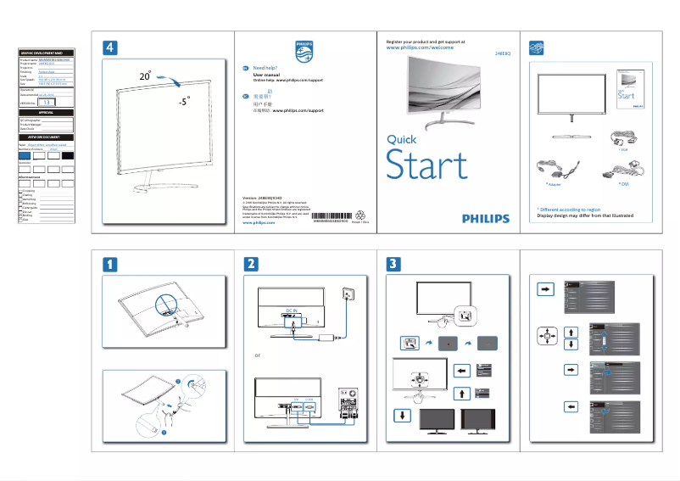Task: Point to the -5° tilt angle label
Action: click(x=184, y=101)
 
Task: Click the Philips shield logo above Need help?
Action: click(x=304, y=48)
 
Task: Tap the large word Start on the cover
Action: click(x=426, y=165)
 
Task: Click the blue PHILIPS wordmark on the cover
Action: click(x=486, y=218)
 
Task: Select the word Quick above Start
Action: click(x=401, y=138)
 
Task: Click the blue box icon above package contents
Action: click(x=535, y=46)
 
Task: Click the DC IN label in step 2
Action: click(x=294, y=310)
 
